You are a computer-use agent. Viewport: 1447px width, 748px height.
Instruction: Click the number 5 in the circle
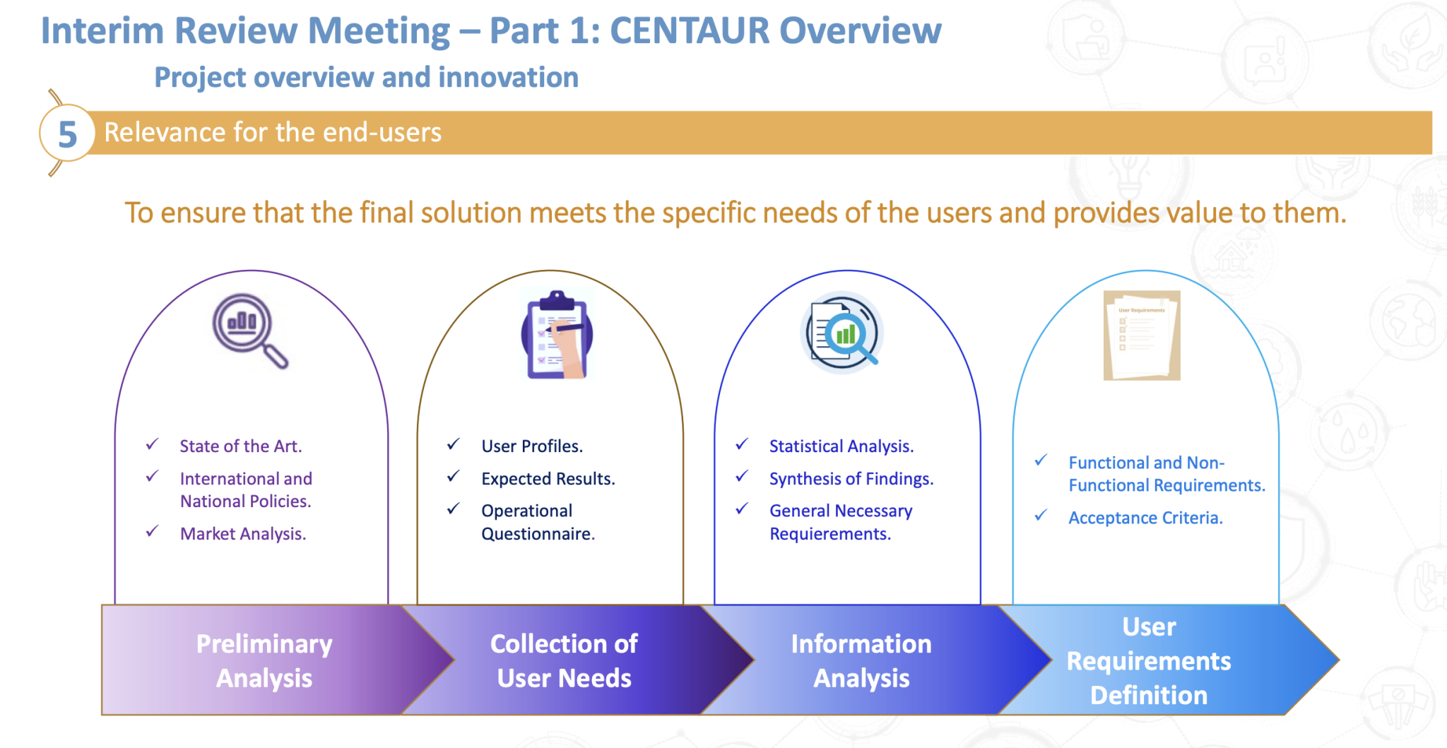point(67,134)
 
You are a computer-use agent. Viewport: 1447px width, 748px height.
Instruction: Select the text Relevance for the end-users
point(273,133)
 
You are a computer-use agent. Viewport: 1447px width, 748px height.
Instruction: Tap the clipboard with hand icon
point(557,336)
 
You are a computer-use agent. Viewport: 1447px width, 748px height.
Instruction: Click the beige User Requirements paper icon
point(1142,336)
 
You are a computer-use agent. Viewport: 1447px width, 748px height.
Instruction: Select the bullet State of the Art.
point(240,446)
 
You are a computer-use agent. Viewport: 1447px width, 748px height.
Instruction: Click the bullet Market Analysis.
point(242,534)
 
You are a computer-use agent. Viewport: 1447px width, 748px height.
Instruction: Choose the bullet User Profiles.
point(531,446)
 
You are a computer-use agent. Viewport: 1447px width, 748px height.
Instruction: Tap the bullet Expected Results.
point(548,479)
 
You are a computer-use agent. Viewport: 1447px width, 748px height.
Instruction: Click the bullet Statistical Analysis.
point(841,446)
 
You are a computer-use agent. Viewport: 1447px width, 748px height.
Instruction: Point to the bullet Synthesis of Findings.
point(851,479)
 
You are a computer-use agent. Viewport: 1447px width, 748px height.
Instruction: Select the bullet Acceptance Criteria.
point(1145,518)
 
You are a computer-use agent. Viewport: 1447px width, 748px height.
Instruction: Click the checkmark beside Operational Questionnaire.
point(453,509)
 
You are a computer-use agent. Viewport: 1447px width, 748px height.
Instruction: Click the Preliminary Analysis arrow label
point(264,660)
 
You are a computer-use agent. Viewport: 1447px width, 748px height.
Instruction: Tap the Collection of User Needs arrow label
point(564,660)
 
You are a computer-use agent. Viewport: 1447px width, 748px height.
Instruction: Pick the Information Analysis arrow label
point(861,660)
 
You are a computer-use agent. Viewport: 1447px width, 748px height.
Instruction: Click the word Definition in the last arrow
point(1148,695)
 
